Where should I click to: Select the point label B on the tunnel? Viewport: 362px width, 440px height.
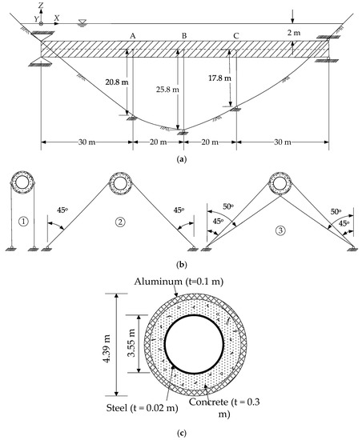pyautogui.click(x=184, y=37)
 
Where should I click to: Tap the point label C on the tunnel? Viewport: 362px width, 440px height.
pyautogui.click(x=235, y=37)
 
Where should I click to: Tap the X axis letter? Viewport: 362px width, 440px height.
pyautogui.click(x=57, y=17)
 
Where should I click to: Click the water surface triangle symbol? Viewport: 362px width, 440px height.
pyautogui.click(x=84, y=22)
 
